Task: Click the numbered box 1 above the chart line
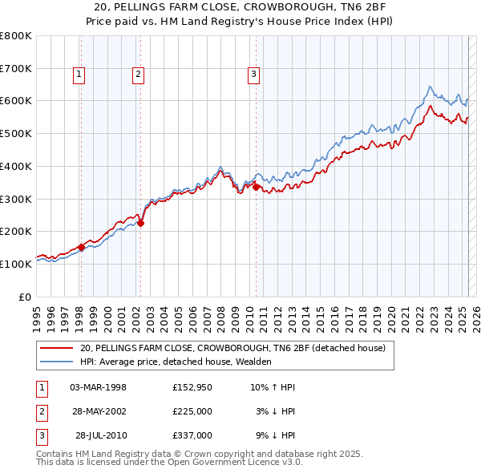tap(80, 75)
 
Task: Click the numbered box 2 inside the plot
tap(138, 75)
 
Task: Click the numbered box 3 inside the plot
tap(253, 75)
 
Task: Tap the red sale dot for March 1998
tap(81, 248)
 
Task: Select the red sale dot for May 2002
tap(140, 224)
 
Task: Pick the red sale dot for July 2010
tap(256, 187)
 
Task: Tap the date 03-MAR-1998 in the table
tap(99, 387)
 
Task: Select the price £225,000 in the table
tap(192, 411)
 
